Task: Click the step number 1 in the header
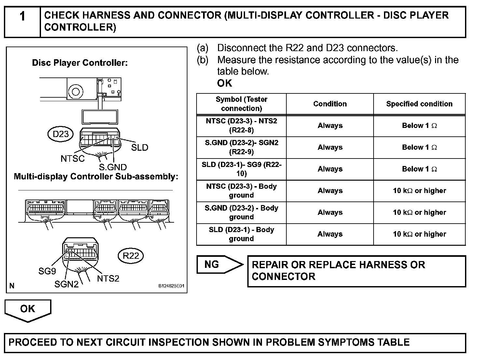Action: (x=22, y=16)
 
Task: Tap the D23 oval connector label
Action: (x=61, y=134)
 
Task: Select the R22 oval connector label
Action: (x=131, y=256)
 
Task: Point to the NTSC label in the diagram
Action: (x=72, y=159)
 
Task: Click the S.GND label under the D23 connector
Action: (x=113, y=167)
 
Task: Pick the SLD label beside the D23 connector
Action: (x=140, y=147)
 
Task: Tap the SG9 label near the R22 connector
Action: (x=47, y=271)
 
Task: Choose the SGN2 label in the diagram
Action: (x=66, y=284)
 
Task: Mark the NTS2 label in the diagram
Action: (x=108, y=279)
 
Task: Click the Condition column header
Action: (x=330, y=104)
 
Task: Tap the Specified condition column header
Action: (x=419, y=104)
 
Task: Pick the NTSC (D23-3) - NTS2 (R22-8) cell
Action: (x=241, y=126)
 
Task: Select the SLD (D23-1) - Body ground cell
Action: (x=241, y=234)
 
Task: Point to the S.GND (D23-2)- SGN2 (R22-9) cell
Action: (x=241, y=147)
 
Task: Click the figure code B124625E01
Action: (x=171, y=286)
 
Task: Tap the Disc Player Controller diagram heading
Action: (x=80, y=62)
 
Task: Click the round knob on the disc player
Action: (x=75, y=91)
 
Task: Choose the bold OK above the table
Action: (x=225, y=83)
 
